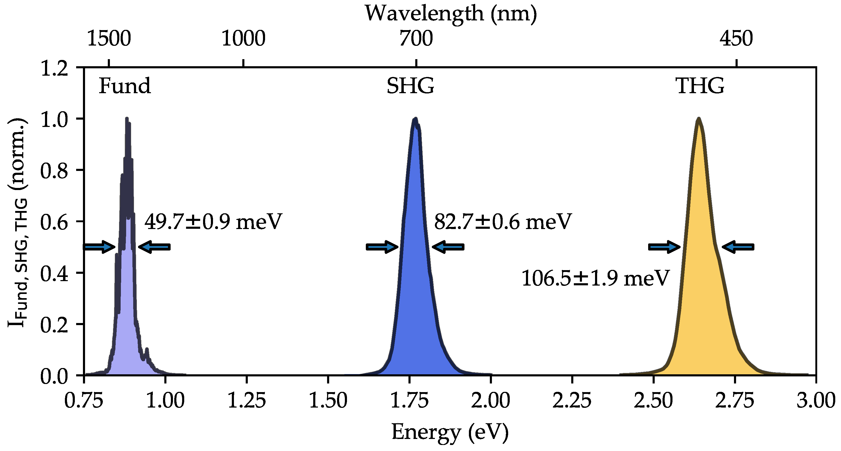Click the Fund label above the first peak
(125, 86)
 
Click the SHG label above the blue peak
(410, 86)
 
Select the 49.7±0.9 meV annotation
(213, 222)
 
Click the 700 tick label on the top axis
(416, 38)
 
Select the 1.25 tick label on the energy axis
(246, 400)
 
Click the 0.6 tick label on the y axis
(54, 222)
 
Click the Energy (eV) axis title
(450, 432)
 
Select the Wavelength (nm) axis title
(451, 14)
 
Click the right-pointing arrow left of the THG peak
(664, 247)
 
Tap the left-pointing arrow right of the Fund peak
(154, 247)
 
